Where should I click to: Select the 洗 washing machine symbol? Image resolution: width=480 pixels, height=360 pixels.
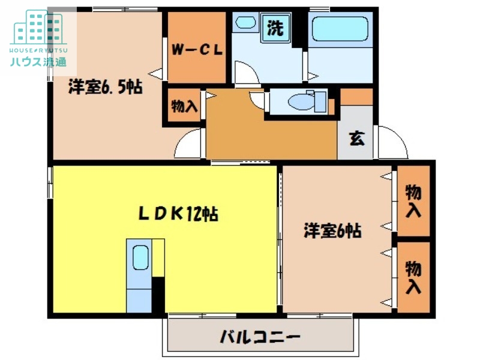(275, 28)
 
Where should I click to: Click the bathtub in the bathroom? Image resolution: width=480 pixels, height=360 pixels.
(338, 28)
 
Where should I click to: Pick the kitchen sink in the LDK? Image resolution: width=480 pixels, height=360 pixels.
(140, 259)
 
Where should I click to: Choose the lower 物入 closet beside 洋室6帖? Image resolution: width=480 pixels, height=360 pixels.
(414, 277)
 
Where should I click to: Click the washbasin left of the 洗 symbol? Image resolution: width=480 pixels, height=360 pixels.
(245, 23)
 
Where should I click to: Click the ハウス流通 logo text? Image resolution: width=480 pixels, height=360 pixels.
(38, 61)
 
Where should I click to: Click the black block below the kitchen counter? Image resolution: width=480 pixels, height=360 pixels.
(158, 295)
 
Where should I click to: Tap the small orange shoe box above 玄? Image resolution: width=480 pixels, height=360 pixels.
(356, 96)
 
